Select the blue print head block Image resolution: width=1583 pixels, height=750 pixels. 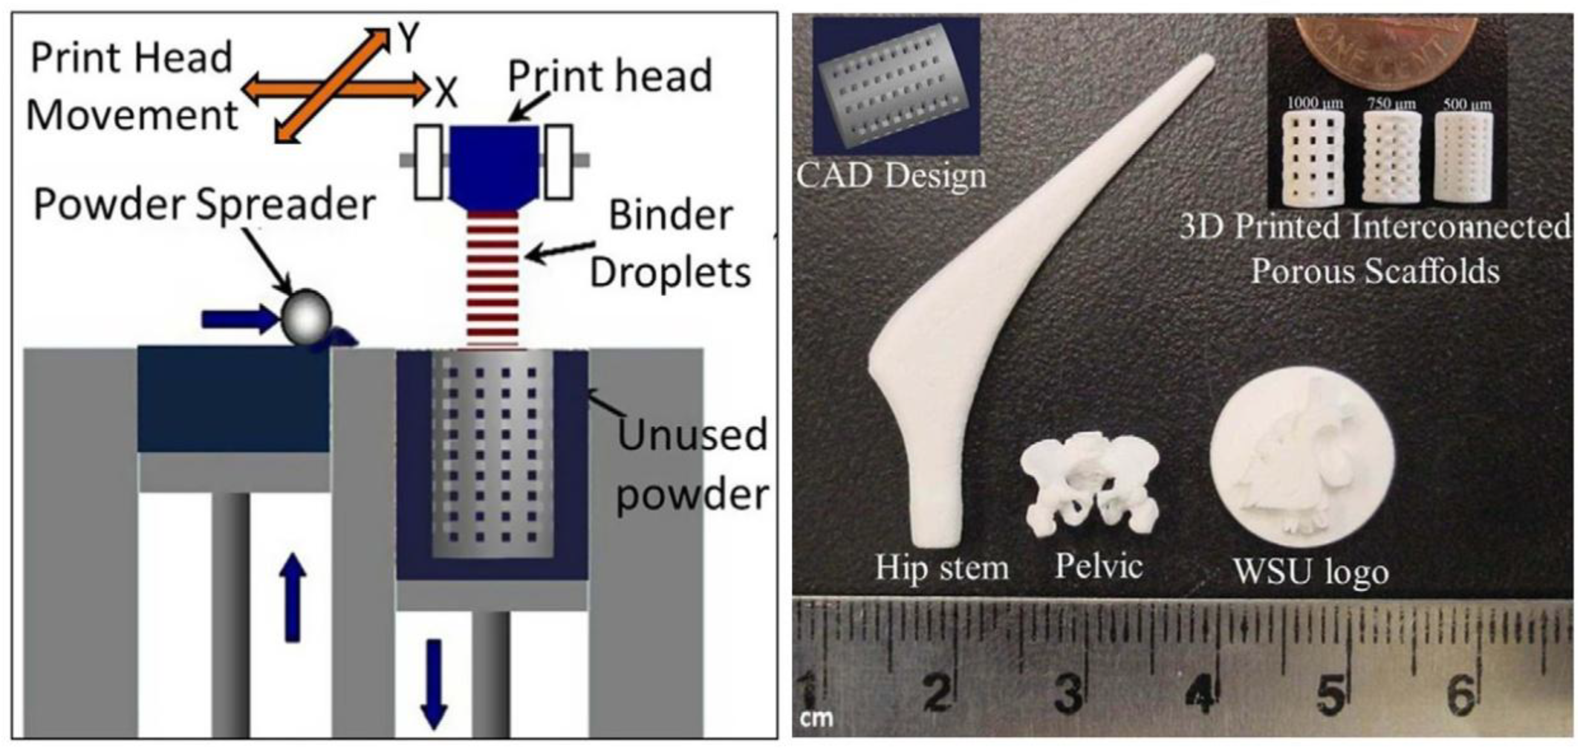[x=494, y=164]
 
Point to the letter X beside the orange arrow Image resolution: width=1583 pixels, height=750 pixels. [x=447, y=93]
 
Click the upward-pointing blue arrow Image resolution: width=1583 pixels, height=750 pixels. [x=292, y=597]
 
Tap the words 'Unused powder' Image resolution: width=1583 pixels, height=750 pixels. [x=692, y=463]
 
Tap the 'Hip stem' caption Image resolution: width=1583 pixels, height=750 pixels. [x=942, y=567]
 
